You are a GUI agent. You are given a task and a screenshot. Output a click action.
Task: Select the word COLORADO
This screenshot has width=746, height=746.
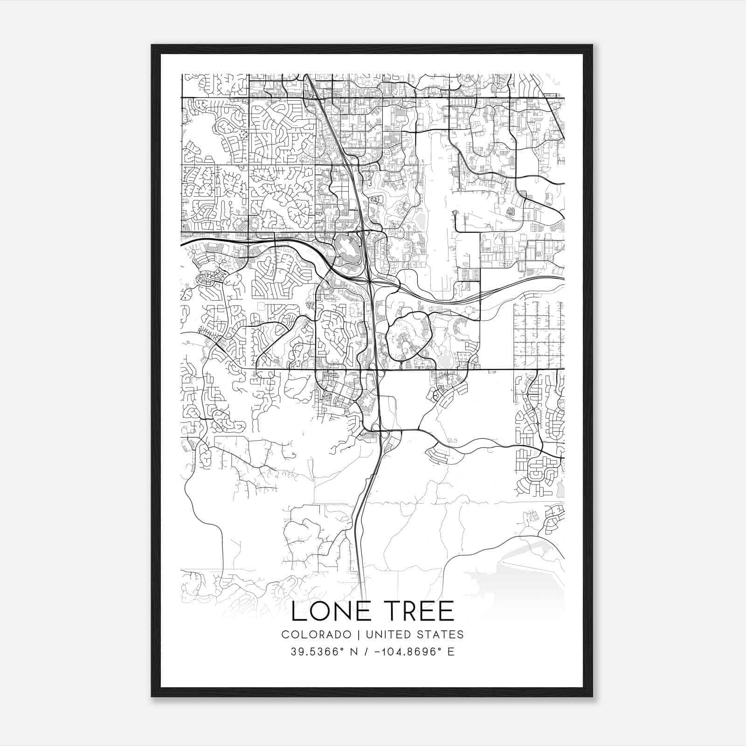(316, 635)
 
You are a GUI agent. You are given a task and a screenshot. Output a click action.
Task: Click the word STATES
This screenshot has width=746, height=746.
(441, 635)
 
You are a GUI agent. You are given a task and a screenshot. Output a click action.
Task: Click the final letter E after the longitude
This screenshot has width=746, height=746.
(451, 652)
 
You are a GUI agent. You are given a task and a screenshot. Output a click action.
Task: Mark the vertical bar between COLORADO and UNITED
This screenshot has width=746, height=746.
(359, 635)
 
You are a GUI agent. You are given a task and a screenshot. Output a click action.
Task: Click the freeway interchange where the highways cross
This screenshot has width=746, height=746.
(369, 281)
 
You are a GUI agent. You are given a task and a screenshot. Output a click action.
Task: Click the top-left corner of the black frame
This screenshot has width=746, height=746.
(152, 45)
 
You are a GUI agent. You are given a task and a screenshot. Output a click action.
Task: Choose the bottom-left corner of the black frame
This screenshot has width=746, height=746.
(152, 697)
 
